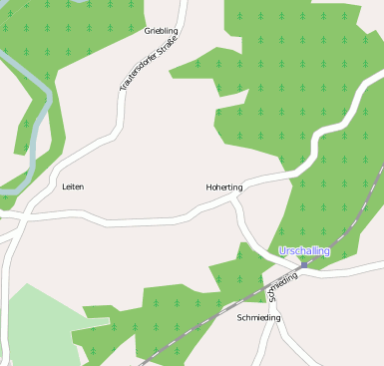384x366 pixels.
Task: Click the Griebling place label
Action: pyautogui.click(x=161, y=32)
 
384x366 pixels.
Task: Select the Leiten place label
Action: pyautogui.click(x=73, y=186)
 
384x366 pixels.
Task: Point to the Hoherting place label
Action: pyautogui.click(x=223, y=186)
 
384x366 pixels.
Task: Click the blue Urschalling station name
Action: pyautogui.click(x=304, y=251)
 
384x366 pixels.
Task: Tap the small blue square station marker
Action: pyautogui.click(x=305, y=264)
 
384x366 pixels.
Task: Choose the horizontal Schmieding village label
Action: pyautogui.click(x=259, y=317)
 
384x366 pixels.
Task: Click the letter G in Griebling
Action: pyautogui.click(x=148, y=32)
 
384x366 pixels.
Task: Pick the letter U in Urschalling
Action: pyautogui.click(x=283, y=251)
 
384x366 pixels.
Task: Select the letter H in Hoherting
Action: pyautogui.click(x=207, y=186)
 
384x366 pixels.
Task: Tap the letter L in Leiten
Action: pyautogui.click(x=64, y=186)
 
